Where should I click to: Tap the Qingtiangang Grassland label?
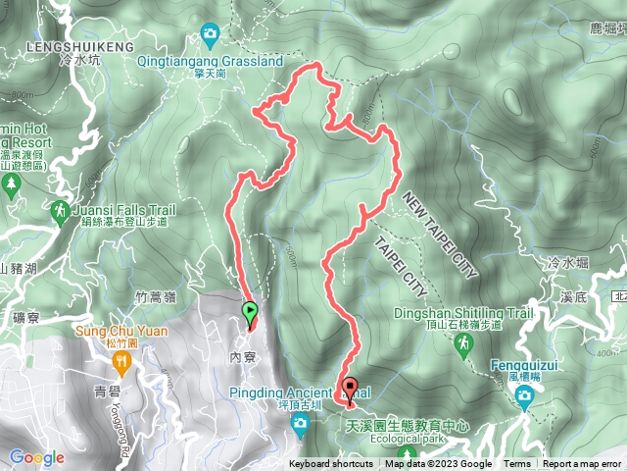point(210,60)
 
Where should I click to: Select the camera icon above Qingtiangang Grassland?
point(210,36)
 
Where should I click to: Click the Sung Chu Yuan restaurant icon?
point(121,364)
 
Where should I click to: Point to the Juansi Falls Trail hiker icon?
point(60,210)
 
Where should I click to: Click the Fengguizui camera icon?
point(525,396)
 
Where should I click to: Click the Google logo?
point(36,457)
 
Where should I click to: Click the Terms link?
point(517,464)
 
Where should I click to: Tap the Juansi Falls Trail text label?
point(123,210)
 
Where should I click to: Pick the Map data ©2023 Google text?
point(438,464)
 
